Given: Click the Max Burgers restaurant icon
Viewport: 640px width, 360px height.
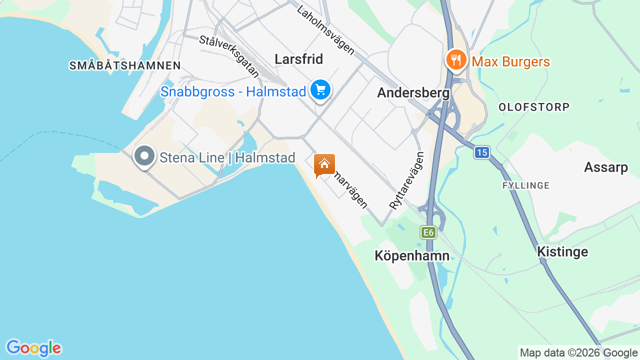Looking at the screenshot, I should (x=455, y=60).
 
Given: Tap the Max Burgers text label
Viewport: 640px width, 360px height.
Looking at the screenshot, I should (x=510, y=62).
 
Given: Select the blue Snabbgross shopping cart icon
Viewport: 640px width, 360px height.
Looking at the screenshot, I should (x=320, y=90).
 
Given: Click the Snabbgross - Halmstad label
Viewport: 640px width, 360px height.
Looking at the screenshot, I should (x=233, y=92).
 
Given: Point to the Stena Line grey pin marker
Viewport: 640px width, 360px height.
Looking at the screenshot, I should (x=144, y=156).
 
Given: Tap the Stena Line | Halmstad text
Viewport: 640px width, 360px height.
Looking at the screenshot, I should (x=227, y=157).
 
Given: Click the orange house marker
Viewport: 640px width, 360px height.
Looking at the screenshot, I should (x=324, y=164).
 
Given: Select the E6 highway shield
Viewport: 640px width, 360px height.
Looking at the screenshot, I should (x=428, y=232).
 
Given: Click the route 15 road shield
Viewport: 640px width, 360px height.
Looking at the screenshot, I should (x=481, y=152).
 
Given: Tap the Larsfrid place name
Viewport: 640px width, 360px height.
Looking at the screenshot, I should (x=299, y=59).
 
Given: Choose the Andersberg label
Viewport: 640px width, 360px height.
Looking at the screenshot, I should (x=413, y=93).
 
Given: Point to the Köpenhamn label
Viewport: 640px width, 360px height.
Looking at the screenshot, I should (x=412, y=256).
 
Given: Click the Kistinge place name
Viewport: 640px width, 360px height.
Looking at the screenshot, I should (x=562, y=251).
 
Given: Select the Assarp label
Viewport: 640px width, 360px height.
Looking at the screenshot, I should (x=606, y=167).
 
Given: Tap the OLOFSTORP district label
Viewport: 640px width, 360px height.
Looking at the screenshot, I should (x=534, y=107).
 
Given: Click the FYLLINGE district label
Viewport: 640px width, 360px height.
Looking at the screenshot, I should (x=526, y=185).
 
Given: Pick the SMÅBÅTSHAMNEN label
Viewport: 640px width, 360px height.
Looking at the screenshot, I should (x=125, y=65).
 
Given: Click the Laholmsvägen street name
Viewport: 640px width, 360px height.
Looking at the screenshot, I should (x=325, y=30).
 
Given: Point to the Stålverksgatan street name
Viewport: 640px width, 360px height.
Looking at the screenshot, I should (x=229, y=56).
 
